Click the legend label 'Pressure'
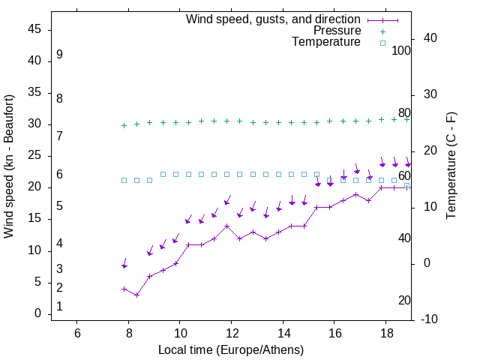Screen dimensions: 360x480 tap(337, 31)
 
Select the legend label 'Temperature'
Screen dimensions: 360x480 tap(326, 42)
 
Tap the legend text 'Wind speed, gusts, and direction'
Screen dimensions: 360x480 tap(274, 19)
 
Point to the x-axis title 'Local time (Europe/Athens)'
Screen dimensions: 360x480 tap(231, 350)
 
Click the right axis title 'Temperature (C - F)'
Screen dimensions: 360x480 tap(451, 166)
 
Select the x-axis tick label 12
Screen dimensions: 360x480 tap(231, 333)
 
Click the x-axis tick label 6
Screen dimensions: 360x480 tap(77, 333)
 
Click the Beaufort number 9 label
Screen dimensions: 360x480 tap(59, 55)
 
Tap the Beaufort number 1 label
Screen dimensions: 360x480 tap(59, 307)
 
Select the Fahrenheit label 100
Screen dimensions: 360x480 tap(402, 51)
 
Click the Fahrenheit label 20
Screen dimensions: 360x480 tap(404, 300)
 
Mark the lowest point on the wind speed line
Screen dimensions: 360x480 tap(136, 295)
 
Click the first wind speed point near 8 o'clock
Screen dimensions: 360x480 tap(124, 289)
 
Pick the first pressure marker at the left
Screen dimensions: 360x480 tap(124, 125)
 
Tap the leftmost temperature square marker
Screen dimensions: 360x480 tap(124, 180)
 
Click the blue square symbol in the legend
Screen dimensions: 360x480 tap(382, 43)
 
